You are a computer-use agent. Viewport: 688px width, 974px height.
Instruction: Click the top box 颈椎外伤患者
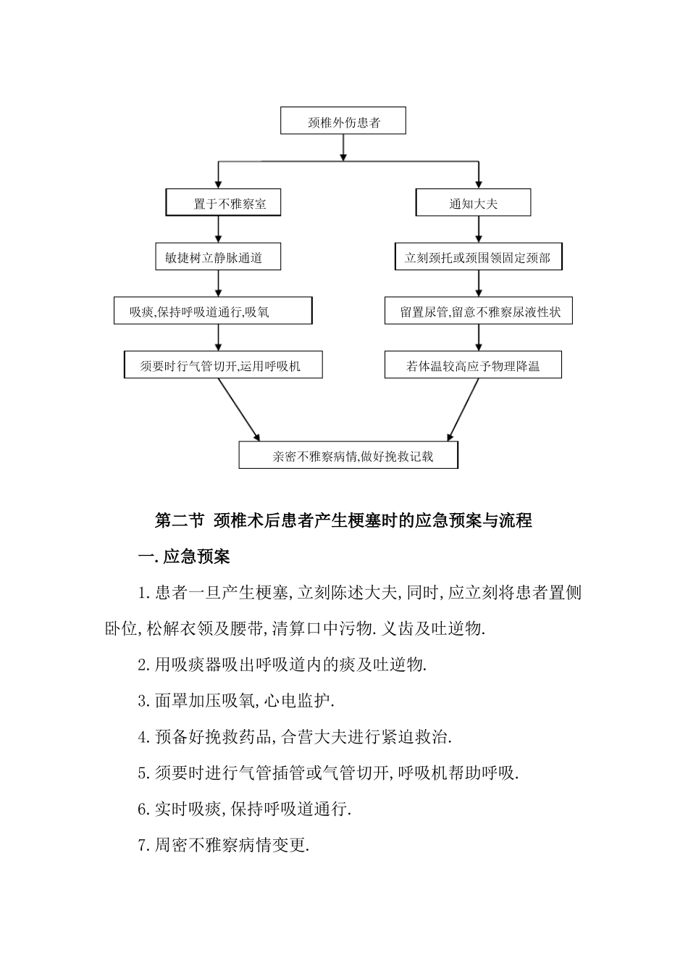pos(343,122)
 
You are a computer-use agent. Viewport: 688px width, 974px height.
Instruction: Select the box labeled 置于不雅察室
pos(223,204)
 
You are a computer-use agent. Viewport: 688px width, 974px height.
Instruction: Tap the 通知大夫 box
pos(473,204)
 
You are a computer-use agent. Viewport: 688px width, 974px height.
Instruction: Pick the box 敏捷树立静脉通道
pos(218,257)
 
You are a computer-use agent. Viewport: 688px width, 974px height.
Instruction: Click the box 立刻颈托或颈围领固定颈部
pos(477,257)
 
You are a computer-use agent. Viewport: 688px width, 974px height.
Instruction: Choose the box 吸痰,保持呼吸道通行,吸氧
pos(213,312)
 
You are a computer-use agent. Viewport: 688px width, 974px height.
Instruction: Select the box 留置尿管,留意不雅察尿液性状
pos(478,312)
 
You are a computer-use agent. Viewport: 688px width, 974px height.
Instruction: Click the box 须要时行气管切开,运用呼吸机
pos(223,366)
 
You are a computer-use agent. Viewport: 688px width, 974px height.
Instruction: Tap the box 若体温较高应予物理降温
pos(473,366)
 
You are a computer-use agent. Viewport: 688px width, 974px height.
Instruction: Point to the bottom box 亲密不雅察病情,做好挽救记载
pos(348,456)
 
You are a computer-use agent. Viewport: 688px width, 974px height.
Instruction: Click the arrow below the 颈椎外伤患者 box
pos(343,147)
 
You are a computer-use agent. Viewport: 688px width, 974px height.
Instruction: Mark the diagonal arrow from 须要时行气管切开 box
pos(238,409)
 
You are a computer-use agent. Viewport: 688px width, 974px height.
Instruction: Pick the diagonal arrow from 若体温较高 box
pos(463,409)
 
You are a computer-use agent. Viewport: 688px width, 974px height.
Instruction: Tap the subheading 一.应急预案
pos(184,557)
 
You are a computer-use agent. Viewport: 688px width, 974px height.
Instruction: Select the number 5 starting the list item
pos(142,773)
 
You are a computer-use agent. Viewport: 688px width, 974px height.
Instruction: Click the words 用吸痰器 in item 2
pos(180,665)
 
